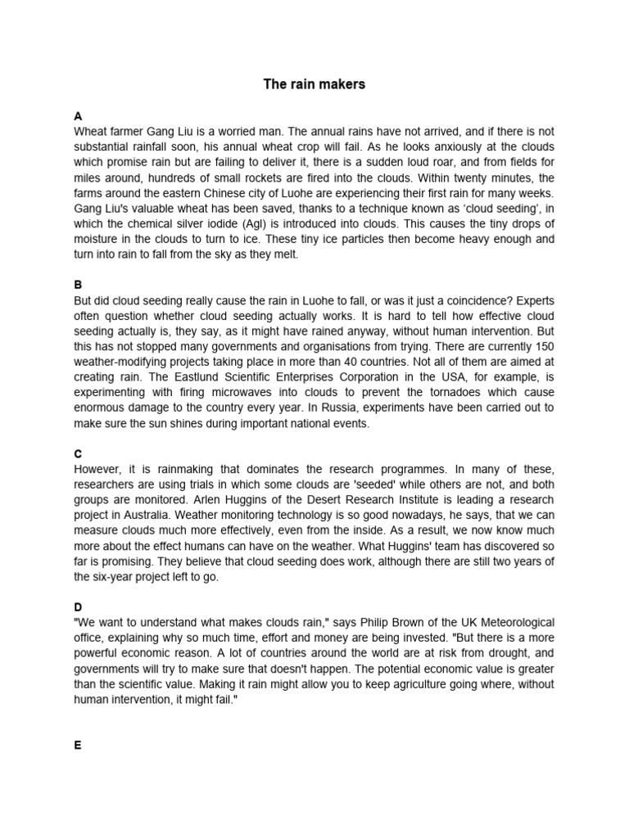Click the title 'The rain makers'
pyautogui.click(x=314, y=84)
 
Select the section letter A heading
pyautogui.click(x=78, y=116)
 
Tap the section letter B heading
pyautogui.click(x=78, y=286)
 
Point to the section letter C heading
pyautogui.click(x=78, y=453)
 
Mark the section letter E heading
pyautogui.click(x=78, y=746)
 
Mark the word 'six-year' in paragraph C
pyautogui.click(x=114, y=577)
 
